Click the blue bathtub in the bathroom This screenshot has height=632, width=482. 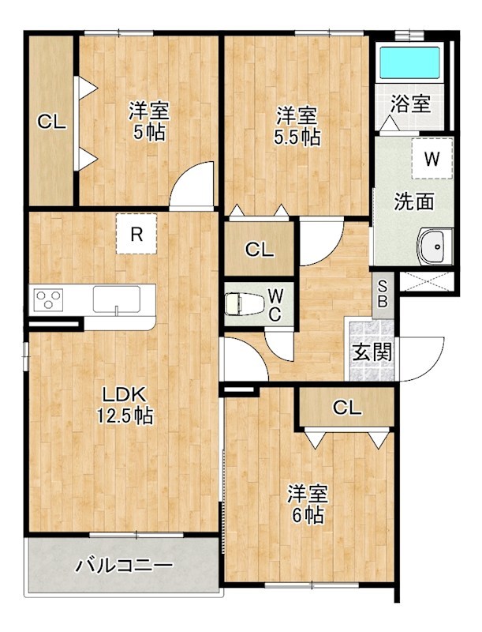pyautogui.click(x=410, y=63)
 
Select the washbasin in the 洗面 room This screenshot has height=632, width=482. pyautogui.click(x=435, y=246)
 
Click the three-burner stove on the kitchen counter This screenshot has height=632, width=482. pyautogui.click(x=49, y=300)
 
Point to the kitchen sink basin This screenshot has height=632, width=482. pyautogui.click(x=117, y=299)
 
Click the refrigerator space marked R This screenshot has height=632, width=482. pyautogui.click(x=136, y=234)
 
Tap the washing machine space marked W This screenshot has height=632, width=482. pyautogui.click(x=432, y=159)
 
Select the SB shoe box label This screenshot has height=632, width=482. pyautogui.click(x=383, y=294)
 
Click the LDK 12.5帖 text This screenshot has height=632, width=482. pyautogui.click(x=125, y=405)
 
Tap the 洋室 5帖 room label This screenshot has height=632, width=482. pyautogui.click(x=149, y=121)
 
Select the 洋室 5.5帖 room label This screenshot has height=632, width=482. pyautogui.click(x=297, y=126)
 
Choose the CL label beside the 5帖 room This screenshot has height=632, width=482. pyautogui.click(x=52, y=121)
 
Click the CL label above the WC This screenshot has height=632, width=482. pyautogui.click(x=260, y=250)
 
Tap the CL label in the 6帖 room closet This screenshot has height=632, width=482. pyautogui.click(x=347, y=408)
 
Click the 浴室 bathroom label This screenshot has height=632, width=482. pyautogui.click(x=411, y=104)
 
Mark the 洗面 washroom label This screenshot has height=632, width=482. pyautogui.click(x=414, y=201)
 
